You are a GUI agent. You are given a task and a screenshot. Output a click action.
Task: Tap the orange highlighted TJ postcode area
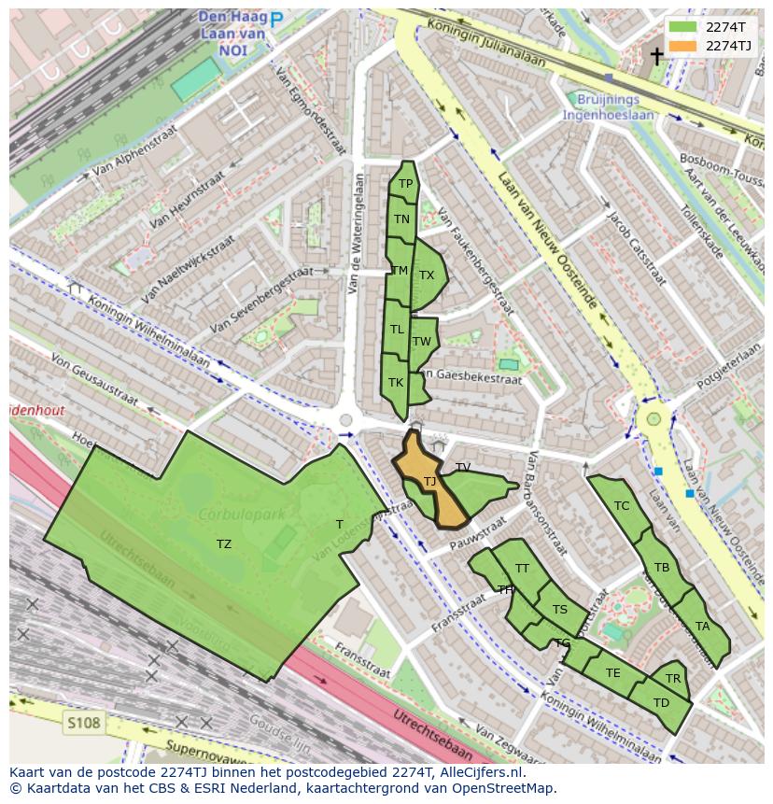(430, 482)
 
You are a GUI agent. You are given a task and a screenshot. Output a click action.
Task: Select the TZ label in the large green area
(224, 543)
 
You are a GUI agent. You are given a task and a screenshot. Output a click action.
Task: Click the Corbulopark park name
(234, 515)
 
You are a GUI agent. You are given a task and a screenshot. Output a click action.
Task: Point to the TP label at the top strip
(405, 184)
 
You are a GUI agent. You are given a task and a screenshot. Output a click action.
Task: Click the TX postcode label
(427, 275)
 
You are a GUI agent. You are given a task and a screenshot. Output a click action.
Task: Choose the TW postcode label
(422, 341)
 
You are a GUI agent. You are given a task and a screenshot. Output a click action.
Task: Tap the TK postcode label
(396, 382)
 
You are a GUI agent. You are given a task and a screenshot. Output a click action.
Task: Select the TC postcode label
(622, 506)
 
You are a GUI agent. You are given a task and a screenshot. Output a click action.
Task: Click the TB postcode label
(662, 567)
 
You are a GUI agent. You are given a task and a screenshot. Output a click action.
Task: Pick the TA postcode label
(702, 626)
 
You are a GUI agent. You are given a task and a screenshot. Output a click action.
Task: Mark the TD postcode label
(661, 702)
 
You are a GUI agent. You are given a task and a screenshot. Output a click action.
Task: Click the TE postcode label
(612, 672)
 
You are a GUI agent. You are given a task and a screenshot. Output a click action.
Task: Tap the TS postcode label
(559, 610)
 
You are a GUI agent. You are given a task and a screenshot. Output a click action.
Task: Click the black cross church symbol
(656, 56)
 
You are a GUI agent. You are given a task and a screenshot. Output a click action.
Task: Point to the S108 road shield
(83, 722)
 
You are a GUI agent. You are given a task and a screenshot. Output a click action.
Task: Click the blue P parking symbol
(276, 18)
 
